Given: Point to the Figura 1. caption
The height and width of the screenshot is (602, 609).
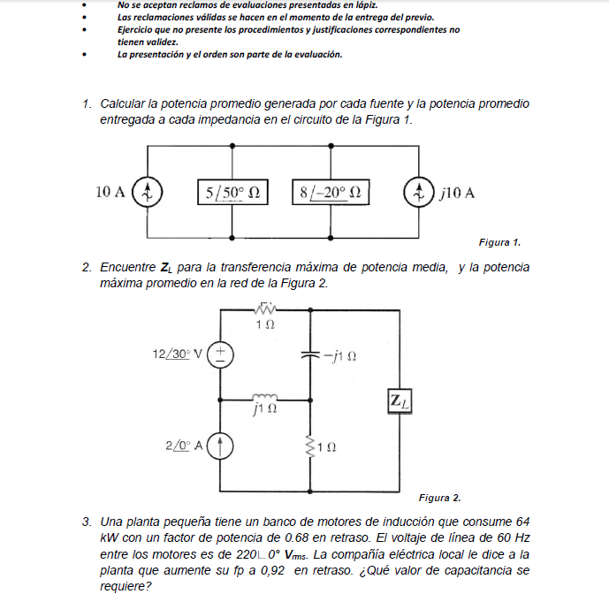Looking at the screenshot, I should (499, 242).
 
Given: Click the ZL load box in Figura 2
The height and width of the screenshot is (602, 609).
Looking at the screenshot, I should (397, 402).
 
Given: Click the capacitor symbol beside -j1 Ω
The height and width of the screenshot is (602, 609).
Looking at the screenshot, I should (309, 354).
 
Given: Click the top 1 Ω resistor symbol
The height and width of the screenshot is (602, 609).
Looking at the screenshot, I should (264, 309).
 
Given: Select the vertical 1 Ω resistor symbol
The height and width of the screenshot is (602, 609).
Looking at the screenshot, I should (309, 446).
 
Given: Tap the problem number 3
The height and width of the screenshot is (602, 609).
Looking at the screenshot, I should (87, 522).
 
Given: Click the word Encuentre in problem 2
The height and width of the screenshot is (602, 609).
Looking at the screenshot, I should (128, 267).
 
